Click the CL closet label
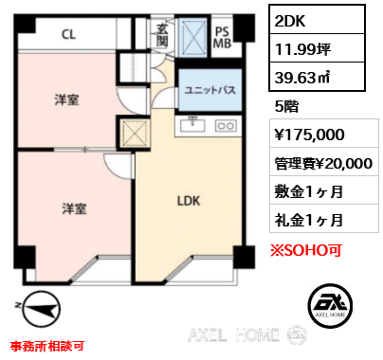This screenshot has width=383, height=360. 69,34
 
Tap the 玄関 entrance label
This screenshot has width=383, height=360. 162,35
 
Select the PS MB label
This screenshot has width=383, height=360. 222,37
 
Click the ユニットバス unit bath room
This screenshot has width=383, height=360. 210,90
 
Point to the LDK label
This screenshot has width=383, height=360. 189,201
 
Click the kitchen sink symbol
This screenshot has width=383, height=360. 192,124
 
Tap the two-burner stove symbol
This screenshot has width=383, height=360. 226,126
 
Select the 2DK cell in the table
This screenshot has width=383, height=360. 317,20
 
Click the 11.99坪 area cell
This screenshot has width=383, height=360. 317,48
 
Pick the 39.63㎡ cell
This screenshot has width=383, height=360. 317,77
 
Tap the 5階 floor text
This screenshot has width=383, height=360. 286,106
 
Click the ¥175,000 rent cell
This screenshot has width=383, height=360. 324,134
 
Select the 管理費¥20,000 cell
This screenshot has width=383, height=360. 324,162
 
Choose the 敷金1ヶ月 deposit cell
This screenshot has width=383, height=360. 324,190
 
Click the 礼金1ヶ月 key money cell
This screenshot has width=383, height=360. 324,219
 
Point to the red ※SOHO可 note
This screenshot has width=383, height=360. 306,250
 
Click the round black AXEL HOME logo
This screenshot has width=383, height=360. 330,305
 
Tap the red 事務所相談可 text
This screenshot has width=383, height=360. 47,346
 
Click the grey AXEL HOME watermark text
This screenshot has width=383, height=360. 234,334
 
